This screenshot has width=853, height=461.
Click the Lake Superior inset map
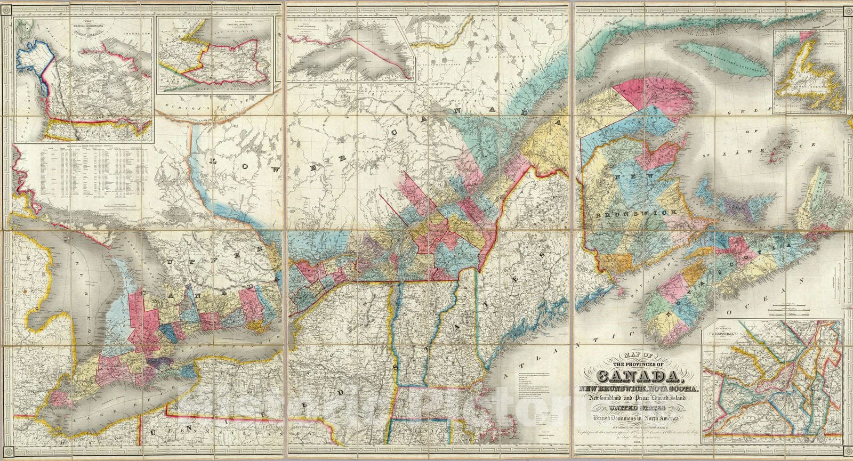pos(352,51)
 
